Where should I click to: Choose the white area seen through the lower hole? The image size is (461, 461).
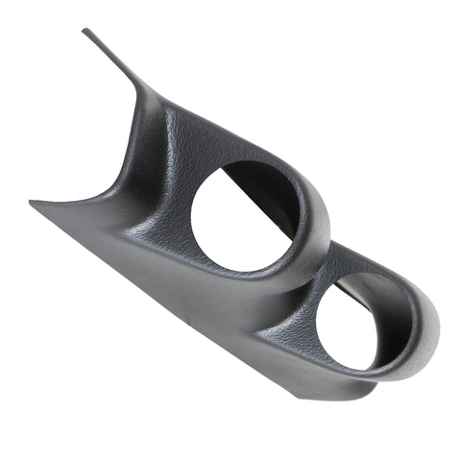(351, 331)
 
